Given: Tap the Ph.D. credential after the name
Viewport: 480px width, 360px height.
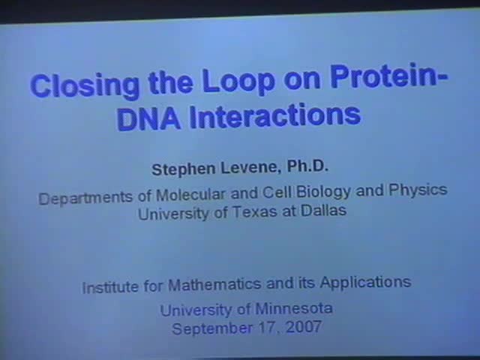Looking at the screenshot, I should point(305,165).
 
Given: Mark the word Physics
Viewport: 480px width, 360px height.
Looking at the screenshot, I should point(418,190).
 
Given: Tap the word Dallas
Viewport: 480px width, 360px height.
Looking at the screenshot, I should point(323,210).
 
